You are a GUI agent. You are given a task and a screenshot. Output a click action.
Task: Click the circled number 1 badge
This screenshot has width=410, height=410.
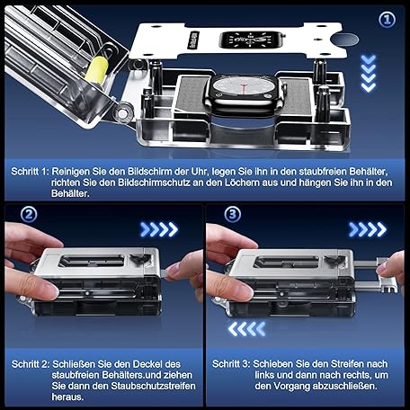[387, 20]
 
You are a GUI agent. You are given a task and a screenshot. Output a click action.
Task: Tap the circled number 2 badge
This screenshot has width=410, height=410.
[29, 214]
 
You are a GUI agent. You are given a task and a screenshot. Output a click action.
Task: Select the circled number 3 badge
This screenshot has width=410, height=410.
[232, 214]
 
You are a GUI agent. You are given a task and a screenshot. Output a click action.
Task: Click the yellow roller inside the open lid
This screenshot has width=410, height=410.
[96, 69]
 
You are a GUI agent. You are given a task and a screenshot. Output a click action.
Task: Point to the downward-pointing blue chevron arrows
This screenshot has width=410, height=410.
[368, 73]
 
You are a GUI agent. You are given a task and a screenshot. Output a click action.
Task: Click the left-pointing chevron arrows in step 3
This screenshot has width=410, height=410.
[246, 329]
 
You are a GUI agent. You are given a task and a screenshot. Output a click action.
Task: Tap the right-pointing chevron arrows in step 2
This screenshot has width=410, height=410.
[159, 229]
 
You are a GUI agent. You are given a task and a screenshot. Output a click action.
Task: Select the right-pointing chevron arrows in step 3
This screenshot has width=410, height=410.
[368, 229]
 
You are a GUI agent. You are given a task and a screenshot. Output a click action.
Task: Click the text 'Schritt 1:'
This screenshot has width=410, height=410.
[30, 172]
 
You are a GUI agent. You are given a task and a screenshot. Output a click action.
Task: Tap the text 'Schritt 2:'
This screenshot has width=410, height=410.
[30, 364]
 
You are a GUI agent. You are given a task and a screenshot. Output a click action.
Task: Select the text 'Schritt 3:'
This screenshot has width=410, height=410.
[231, 364]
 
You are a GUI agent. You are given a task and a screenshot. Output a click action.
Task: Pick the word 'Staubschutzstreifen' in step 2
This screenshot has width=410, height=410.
[153, 386]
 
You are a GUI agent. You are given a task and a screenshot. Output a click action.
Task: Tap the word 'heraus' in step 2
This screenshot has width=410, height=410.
[67, 397]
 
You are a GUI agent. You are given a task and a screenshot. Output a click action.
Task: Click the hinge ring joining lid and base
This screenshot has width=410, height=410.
[122, 113]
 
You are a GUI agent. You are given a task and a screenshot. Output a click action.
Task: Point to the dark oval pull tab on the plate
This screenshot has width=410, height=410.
[345, 40]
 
